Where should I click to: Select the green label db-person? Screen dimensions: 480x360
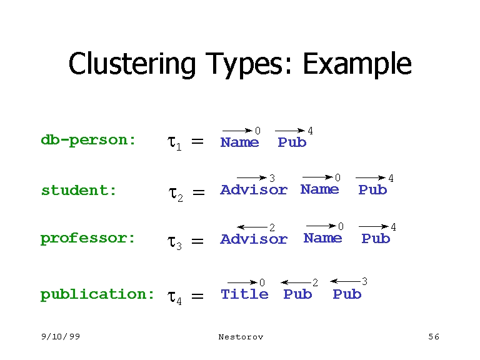pos(88,140)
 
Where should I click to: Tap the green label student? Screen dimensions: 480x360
pos(79,190)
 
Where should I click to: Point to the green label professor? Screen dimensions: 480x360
pos(88,238)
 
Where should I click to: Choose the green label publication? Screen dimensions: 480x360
pos(97,294)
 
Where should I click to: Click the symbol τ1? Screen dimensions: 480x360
pos(174,143)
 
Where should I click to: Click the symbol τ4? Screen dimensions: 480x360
pos(174,297)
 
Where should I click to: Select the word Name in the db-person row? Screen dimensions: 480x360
pos(239,142)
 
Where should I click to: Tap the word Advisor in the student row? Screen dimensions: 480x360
pos(254,190)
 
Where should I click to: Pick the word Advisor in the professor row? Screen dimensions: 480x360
pos(254,239)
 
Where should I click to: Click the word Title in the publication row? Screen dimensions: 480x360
pos(244,294)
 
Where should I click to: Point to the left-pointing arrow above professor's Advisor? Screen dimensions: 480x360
pos(252,226)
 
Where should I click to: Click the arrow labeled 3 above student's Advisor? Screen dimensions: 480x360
pos(252,178)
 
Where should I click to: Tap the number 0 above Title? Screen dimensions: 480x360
pos(262,283)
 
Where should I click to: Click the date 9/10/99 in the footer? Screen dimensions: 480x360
pos(61,337)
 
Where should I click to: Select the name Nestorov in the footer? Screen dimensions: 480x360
pos(241,337)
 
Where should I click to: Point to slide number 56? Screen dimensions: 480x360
pos(434,337)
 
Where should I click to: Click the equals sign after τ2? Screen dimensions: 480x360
pos(198,193)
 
